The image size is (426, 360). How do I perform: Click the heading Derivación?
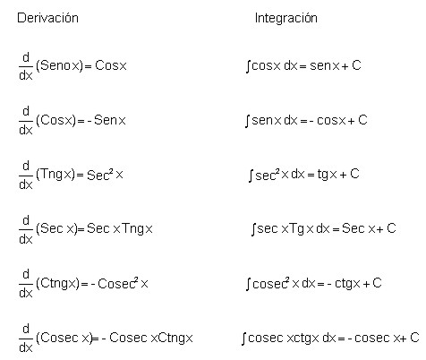47,18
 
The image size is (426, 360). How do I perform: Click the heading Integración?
285,18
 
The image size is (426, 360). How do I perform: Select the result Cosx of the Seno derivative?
111,65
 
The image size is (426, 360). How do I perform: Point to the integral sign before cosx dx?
248,66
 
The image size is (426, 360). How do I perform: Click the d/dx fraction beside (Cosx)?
26,120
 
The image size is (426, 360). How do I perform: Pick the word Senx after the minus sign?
110,120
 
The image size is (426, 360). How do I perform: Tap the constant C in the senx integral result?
362,120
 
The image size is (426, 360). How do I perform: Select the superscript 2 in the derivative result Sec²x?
111,171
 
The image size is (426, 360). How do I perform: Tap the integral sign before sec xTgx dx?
253,229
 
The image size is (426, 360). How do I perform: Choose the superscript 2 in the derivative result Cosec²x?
136,280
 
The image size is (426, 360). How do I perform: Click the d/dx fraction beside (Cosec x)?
26,338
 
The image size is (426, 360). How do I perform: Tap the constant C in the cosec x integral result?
414,338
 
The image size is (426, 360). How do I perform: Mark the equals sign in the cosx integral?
302,66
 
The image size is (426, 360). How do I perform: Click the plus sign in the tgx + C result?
344,175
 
